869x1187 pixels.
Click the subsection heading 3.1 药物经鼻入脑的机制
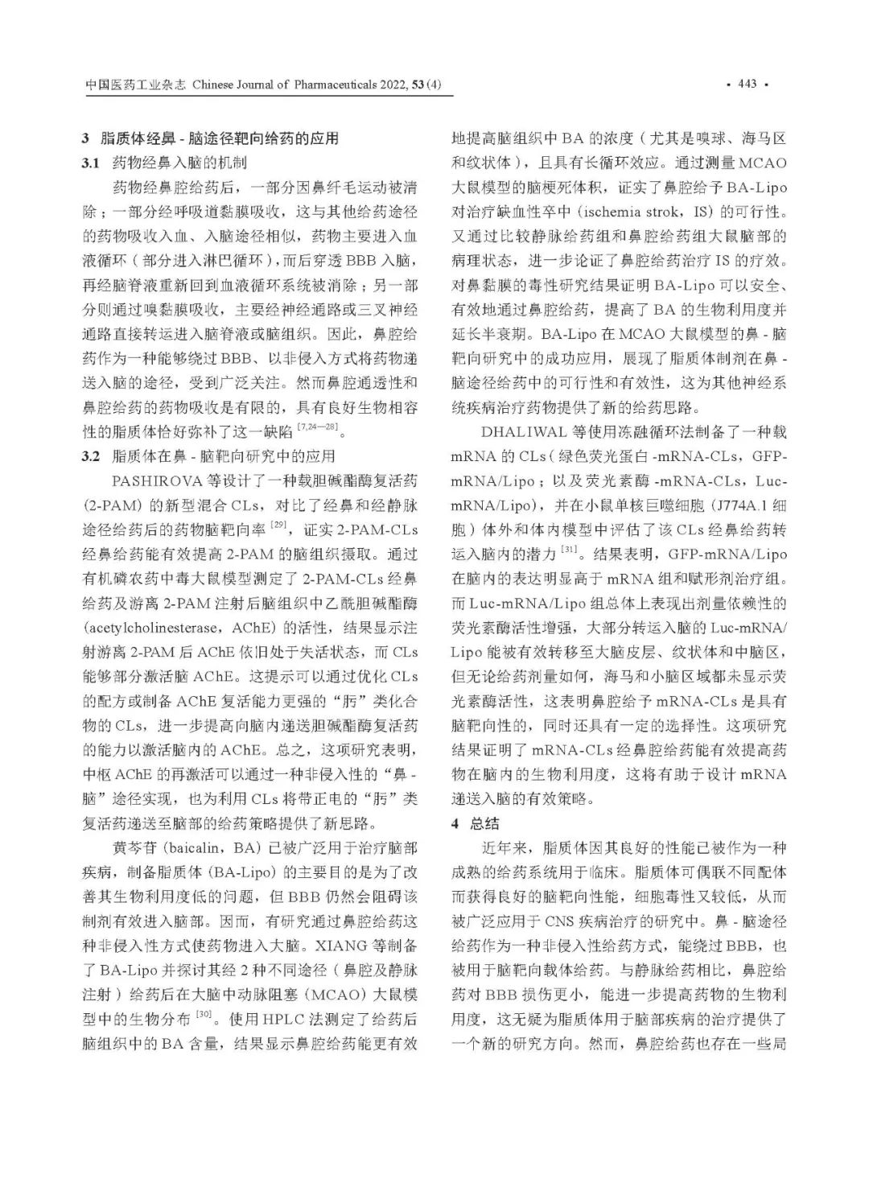(x=164, y=163)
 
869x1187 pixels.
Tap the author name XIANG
(x=339, y=945)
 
